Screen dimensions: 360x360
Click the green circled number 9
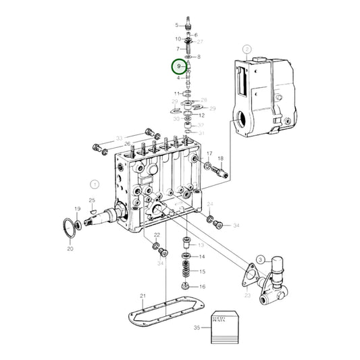pyautogui.click(x=179, y=67)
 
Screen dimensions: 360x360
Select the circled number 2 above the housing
pyautogui.click(x=247, y=49)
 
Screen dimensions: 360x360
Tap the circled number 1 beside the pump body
pyautogui.click(x=95, y=183)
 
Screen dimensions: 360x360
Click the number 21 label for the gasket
pyautogui.click(x=143, y=297)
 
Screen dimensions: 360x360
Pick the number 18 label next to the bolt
pyautogui.click(x=220, y=159)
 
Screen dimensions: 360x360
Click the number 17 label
pyautogui.click(x=209, y=154)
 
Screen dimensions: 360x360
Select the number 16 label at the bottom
pyautogui.click(x=202, y=287)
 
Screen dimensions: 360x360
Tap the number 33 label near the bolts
pyautogui.click(x=120, y=139)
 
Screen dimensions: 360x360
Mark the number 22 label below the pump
pyautogui.click(x=156, y=235)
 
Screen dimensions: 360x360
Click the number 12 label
pyautogui.click(x=202, y=115)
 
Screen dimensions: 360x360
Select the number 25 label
pyautogui.click(x=92, y=201)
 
